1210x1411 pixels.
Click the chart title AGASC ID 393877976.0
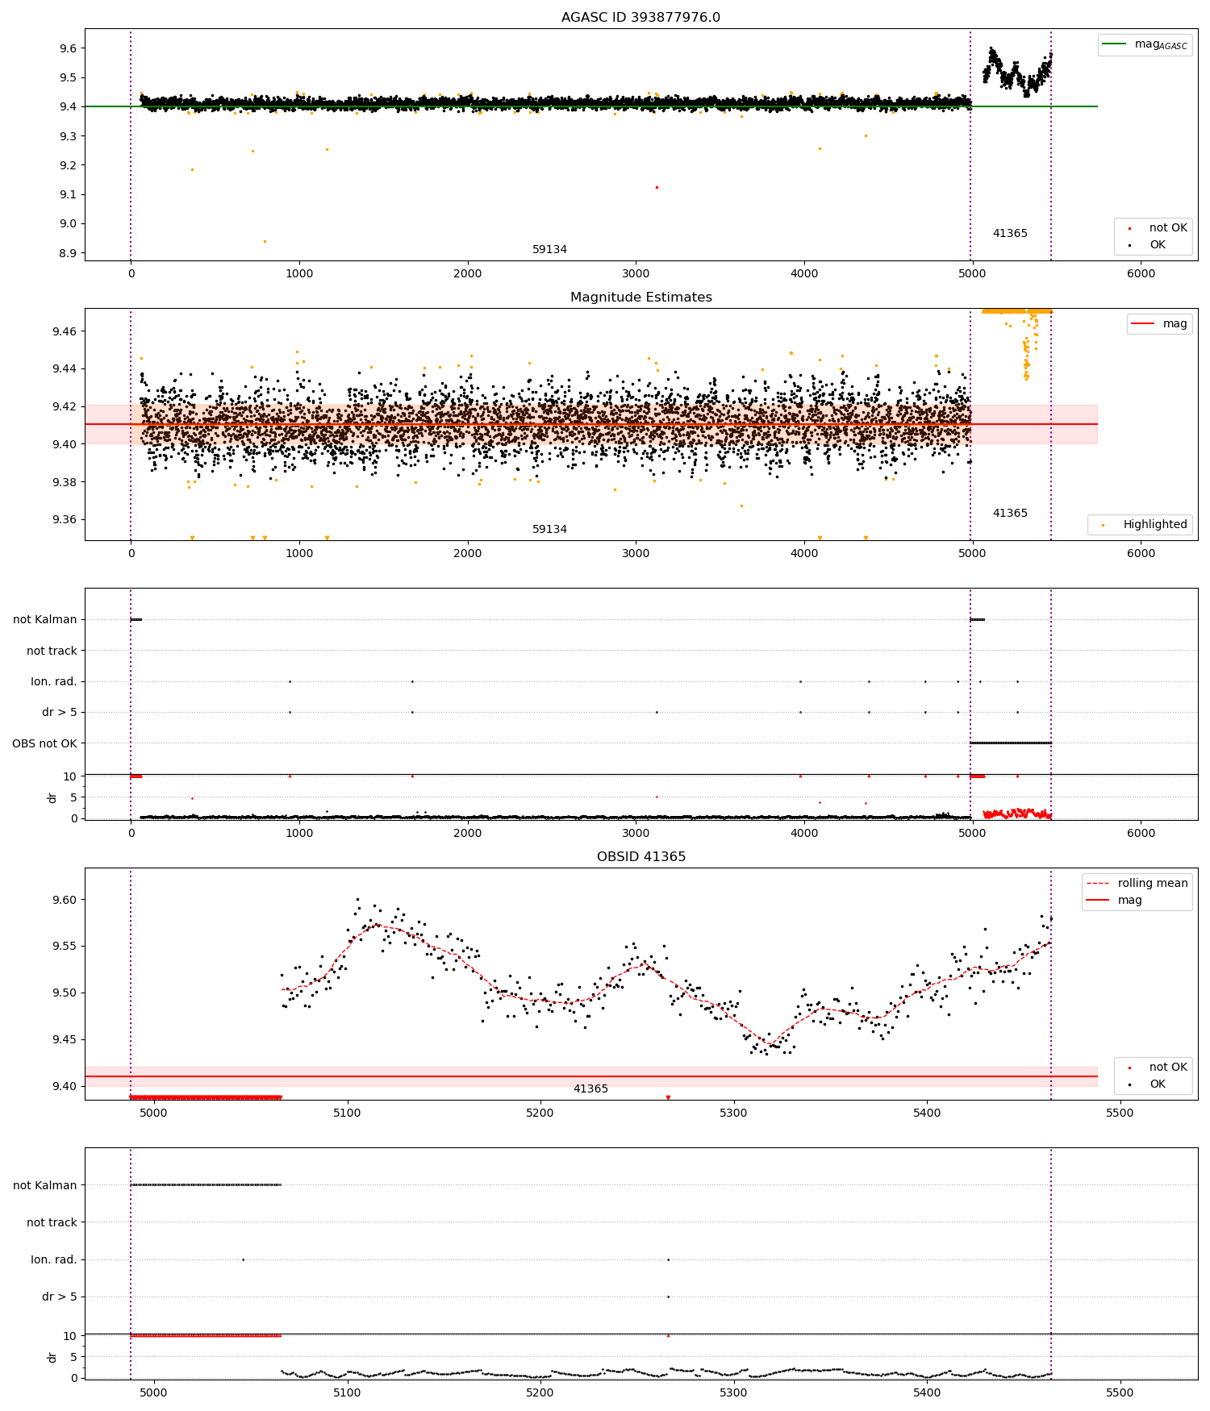click(640, 17)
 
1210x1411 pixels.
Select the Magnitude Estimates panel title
click(640, 297)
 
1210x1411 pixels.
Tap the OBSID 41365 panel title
click(640, 856)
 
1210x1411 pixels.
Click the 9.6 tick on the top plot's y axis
click(68, 48)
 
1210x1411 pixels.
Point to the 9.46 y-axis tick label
click(65, 331)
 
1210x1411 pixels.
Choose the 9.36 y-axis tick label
click(65, 519)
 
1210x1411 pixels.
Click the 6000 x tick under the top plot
click(1141, 273)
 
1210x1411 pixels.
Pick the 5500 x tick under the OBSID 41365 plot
click(1120, 1113)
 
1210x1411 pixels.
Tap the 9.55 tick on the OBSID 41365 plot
click(65, 946)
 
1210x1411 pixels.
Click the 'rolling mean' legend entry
click(1137, 883)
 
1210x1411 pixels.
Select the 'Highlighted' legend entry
click(1140, 524)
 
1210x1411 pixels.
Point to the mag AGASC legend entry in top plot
click(1145, 44)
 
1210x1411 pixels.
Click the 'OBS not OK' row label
click(44, 743)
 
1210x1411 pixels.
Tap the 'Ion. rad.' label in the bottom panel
click(53, 1259)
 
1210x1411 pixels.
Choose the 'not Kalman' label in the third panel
click(44, 619)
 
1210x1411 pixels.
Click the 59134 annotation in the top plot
click(549, 249)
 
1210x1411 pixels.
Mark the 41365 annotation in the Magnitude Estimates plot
click(1010, 513)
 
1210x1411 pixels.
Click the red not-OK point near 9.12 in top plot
click(657, 187)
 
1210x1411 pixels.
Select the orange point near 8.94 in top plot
click(265, 241)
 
